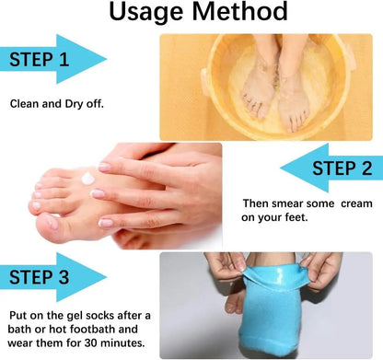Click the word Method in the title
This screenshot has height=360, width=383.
pos(237,15)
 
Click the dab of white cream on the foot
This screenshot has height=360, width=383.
pos(88,177)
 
